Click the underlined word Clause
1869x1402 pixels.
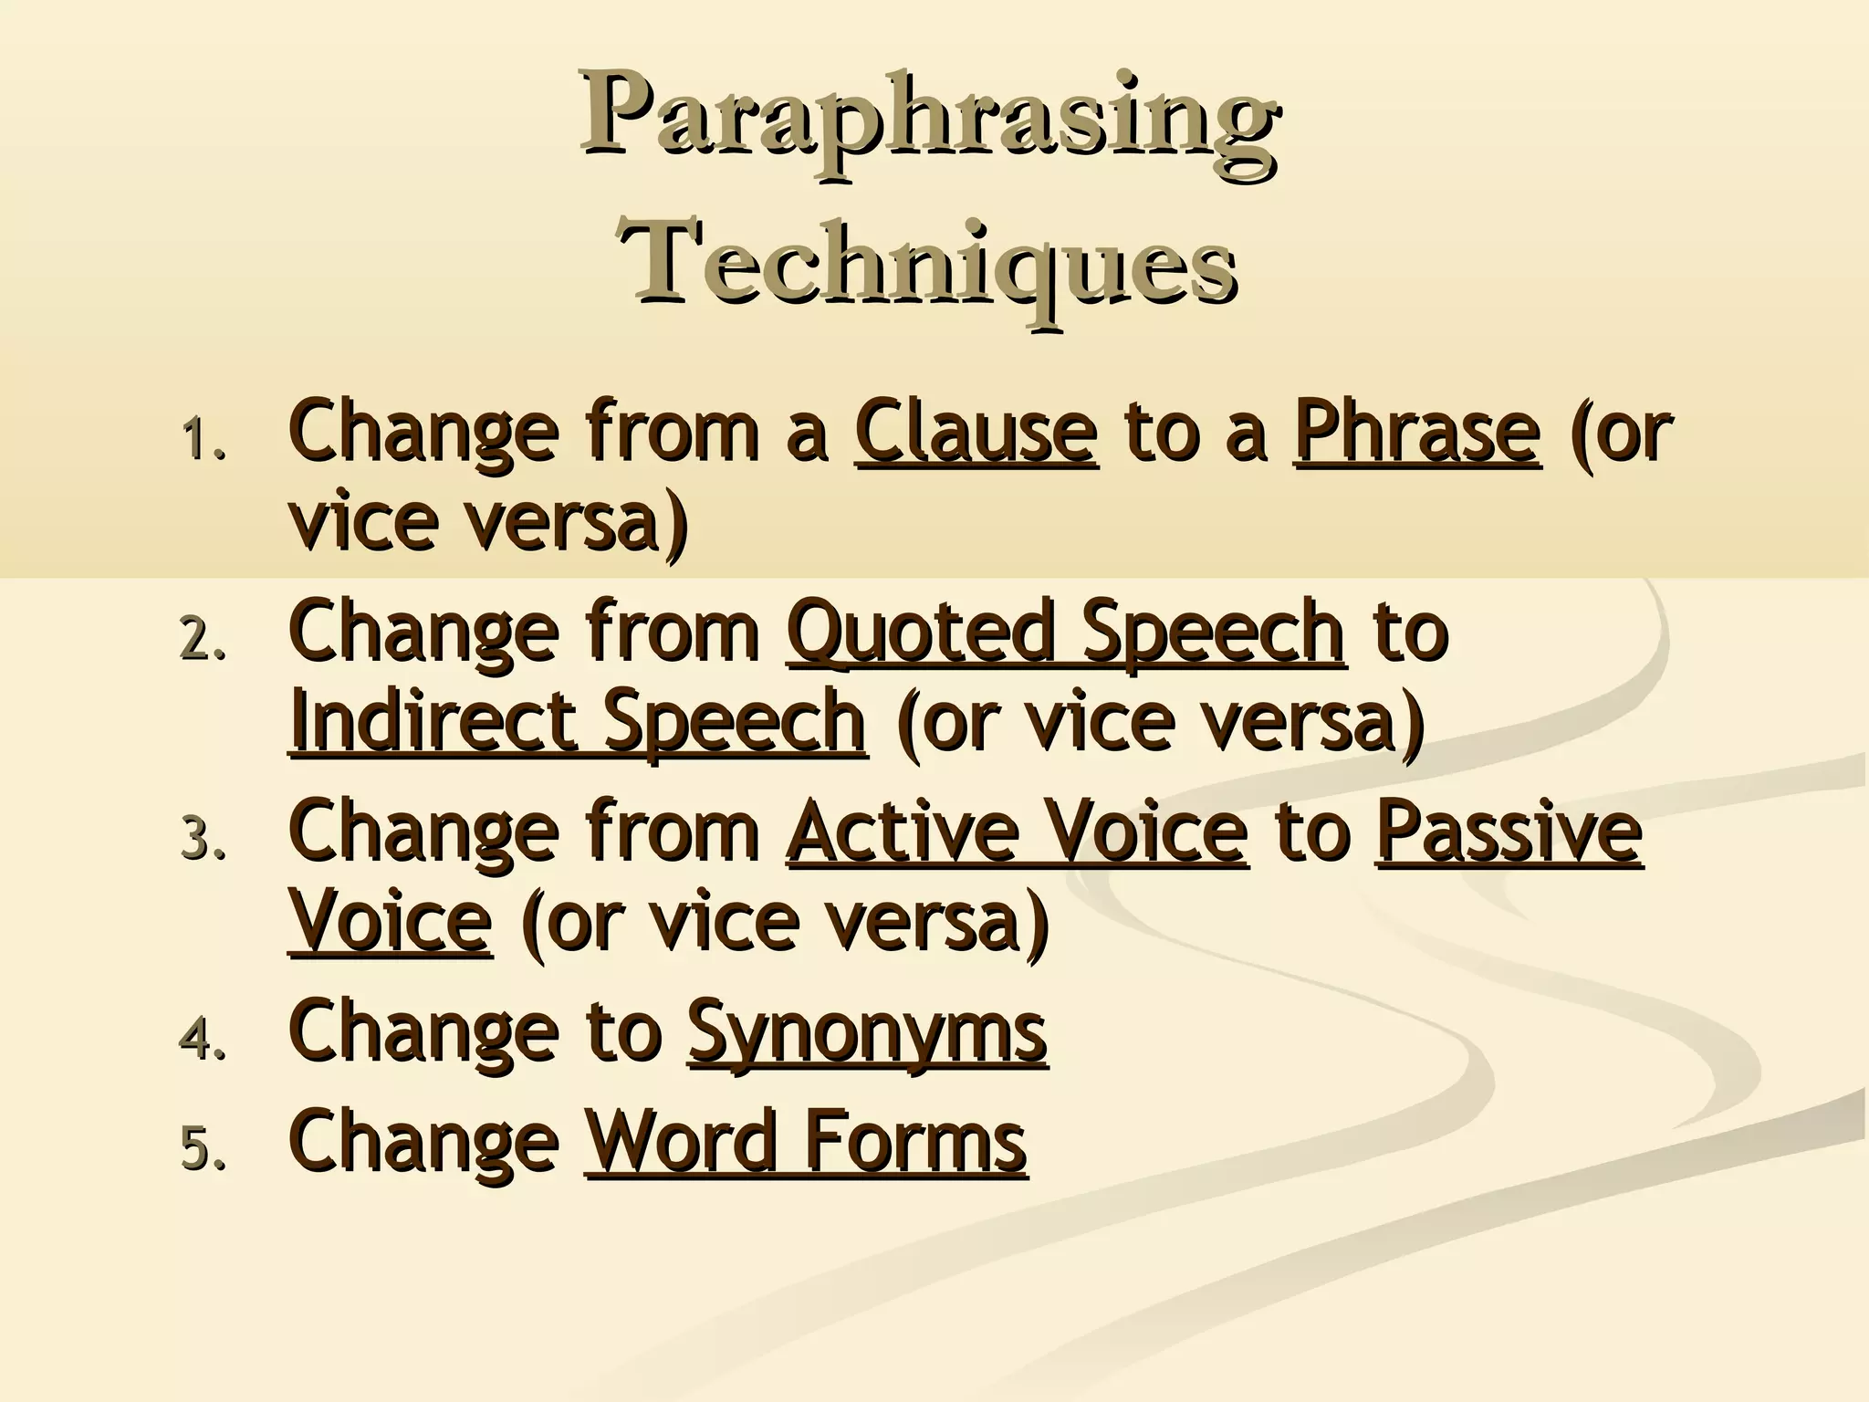click(x=976, y=431)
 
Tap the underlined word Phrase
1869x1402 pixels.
click(x=1417, y=431)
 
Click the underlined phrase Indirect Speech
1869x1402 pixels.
click(x=578, y=721)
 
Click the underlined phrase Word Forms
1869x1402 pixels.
click(x=806, y=1141)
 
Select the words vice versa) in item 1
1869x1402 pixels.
click(x=488, y=522)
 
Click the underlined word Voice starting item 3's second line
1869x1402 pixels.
click(x=390, y=922)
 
